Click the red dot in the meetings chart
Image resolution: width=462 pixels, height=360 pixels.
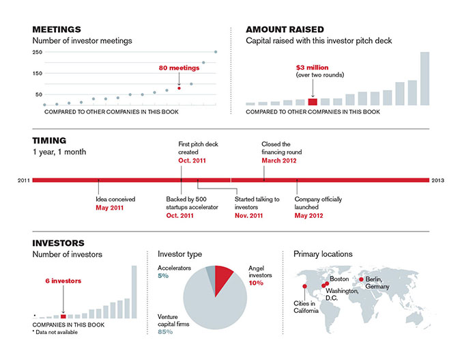[179, 88]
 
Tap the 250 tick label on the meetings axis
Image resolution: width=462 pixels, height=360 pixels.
[38, 52]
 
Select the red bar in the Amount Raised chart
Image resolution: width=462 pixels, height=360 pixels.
[313, 102]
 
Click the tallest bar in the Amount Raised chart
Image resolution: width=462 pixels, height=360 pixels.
[425, 79]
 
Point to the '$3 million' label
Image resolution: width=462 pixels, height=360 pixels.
[312, 68]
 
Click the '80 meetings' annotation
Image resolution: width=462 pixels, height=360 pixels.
[179, 68]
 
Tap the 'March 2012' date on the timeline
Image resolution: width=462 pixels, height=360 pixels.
[279, 161]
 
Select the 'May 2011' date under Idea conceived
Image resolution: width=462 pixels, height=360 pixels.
[110, 208]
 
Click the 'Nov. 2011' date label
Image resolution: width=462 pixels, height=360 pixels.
[248, 216]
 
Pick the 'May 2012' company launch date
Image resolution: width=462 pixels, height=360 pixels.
[308, 216]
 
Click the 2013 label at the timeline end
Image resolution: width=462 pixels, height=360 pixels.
[438, 180]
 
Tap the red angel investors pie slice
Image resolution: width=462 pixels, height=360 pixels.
[222, 279]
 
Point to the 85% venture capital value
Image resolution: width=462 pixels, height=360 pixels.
[165, 332]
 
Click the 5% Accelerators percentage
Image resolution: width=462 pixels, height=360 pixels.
[163, 276]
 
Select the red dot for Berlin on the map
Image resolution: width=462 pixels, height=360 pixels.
[361, 279]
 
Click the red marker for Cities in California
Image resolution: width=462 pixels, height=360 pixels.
[304, 286]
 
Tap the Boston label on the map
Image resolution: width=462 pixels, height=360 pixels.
[339, 279]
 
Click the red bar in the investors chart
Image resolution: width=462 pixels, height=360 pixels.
[63, 316]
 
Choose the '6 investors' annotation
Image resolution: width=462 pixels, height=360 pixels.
[63, 281]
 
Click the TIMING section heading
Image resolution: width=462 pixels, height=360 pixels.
[49, 141]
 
